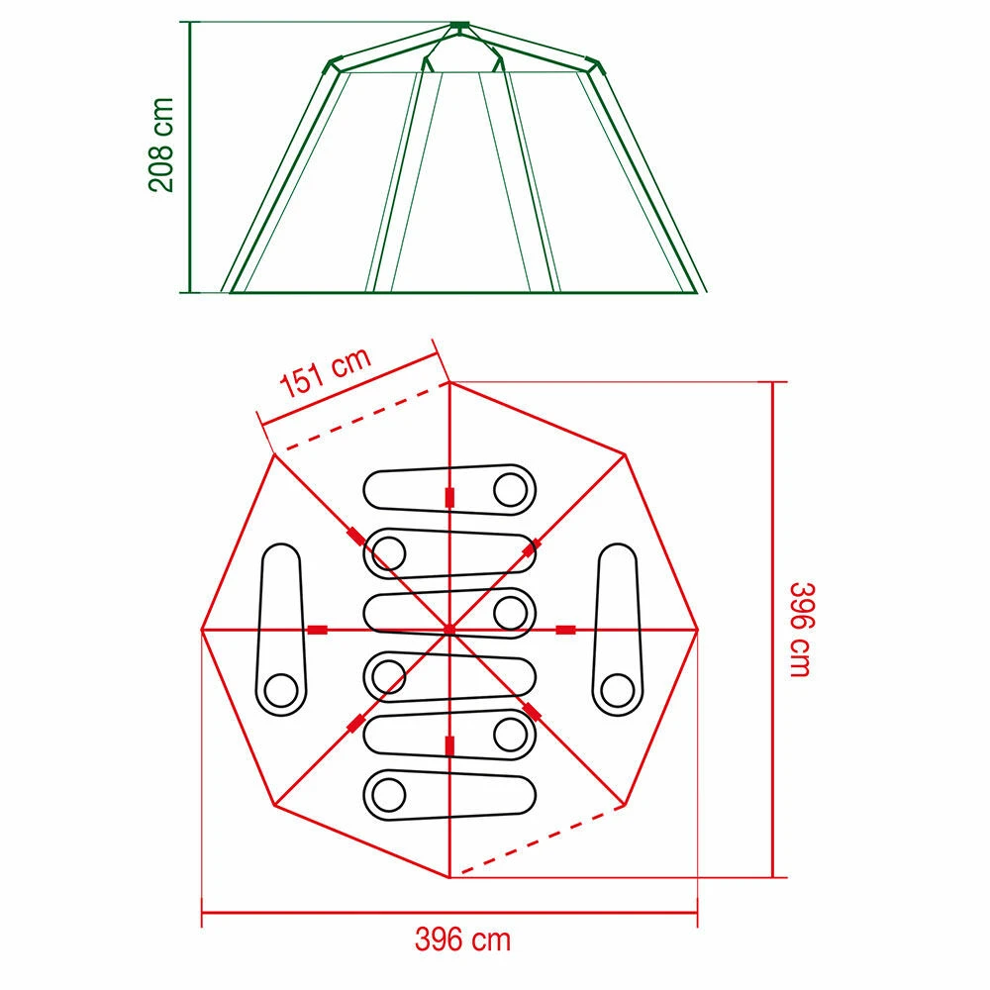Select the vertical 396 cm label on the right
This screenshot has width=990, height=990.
tap(800, 629)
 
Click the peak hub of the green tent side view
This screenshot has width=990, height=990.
tap(457, 25)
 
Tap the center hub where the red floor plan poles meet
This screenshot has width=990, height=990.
tap(449, 629)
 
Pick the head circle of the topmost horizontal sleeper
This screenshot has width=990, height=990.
tap(511, 488)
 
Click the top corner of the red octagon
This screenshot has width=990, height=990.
tap(449, 381)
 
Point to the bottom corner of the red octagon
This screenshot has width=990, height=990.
tap(449, 877)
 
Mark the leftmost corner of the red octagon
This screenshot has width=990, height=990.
tap(202, 629)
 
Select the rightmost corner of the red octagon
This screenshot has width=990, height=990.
tap(698, 629)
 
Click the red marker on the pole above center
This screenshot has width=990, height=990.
tap(449, 497)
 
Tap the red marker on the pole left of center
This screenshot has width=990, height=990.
tap(318, 630)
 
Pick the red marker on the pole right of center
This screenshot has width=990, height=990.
tap(566, 630)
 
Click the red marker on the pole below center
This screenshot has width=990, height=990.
tap(449, 745)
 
